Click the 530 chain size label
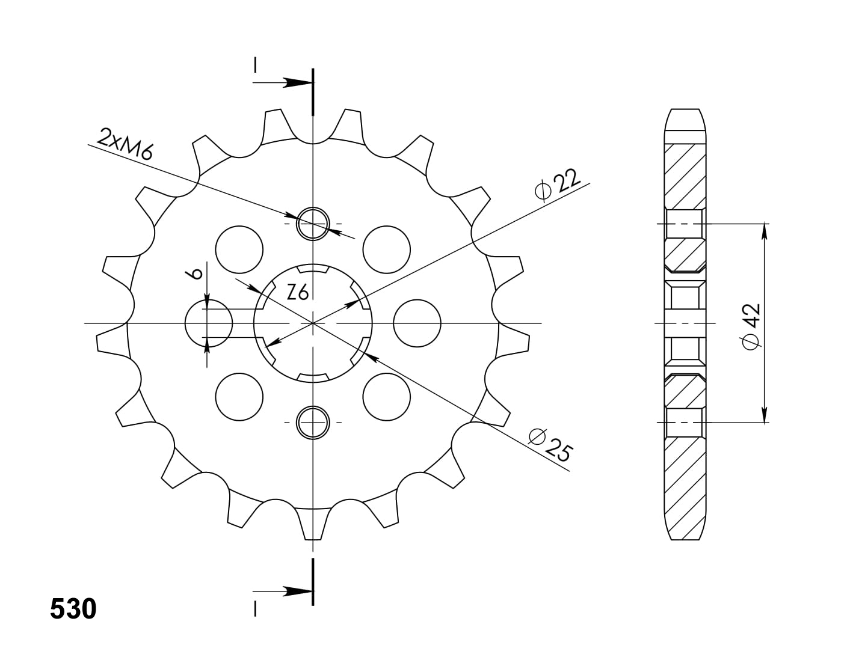click(x=73, y=608)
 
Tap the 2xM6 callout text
click(x=125, y=144)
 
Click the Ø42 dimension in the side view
click(x=751, y=326)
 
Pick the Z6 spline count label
click(x=298, y=293)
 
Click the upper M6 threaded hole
click(x=313, y=224)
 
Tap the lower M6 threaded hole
click(x=313, y=423)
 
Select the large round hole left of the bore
click(x=209, y=323)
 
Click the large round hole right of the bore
click(x=417, y=323)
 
